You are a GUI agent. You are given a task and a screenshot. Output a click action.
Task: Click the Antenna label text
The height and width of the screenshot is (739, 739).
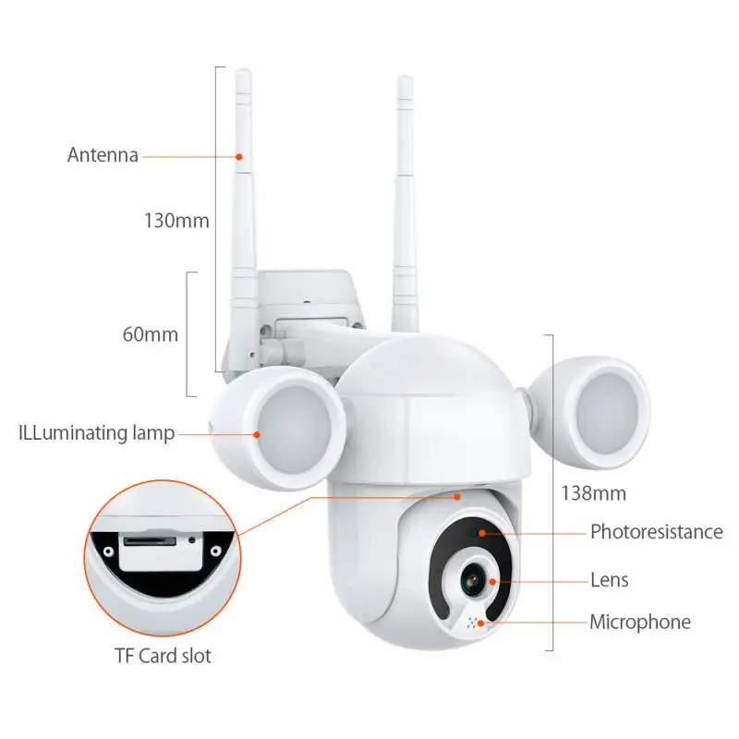click(x=103, y=155)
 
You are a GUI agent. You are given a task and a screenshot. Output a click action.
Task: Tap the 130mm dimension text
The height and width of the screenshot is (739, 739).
click(x=176, y=222)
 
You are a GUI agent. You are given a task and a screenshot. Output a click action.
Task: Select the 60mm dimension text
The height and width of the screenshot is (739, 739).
click(x=150, y=334)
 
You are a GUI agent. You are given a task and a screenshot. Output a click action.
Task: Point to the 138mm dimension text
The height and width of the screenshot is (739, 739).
click(x=593, y=493)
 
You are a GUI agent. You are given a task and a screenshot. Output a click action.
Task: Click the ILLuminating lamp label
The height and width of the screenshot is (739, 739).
click(x=96, y=433)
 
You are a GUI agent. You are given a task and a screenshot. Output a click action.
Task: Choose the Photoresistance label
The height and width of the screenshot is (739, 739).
click(x=656, y=532)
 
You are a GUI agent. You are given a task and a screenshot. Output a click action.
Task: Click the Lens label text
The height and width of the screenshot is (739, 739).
click(x=609, y=580)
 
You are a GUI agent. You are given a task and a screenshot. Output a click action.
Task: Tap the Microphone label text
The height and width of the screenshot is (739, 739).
click(x=640, y=623)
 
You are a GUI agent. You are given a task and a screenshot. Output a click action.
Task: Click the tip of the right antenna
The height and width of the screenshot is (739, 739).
click(x=404, y=79)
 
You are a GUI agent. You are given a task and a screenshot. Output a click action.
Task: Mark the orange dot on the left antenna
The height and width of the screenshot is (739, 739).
click(x=239, y=156)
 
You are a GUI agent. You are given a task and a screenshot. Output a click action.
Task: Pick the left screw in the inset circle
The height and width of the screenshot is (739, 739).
click(x=108, y=551)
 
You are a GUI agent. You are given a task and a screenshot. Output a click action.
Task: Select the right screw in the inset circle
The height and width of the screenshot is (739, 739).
click(x=215, y=551)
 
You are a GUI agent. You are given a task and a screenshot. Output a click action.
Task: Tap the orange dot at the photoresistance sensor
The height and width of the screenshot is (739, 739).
click(x=480, y=533)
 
